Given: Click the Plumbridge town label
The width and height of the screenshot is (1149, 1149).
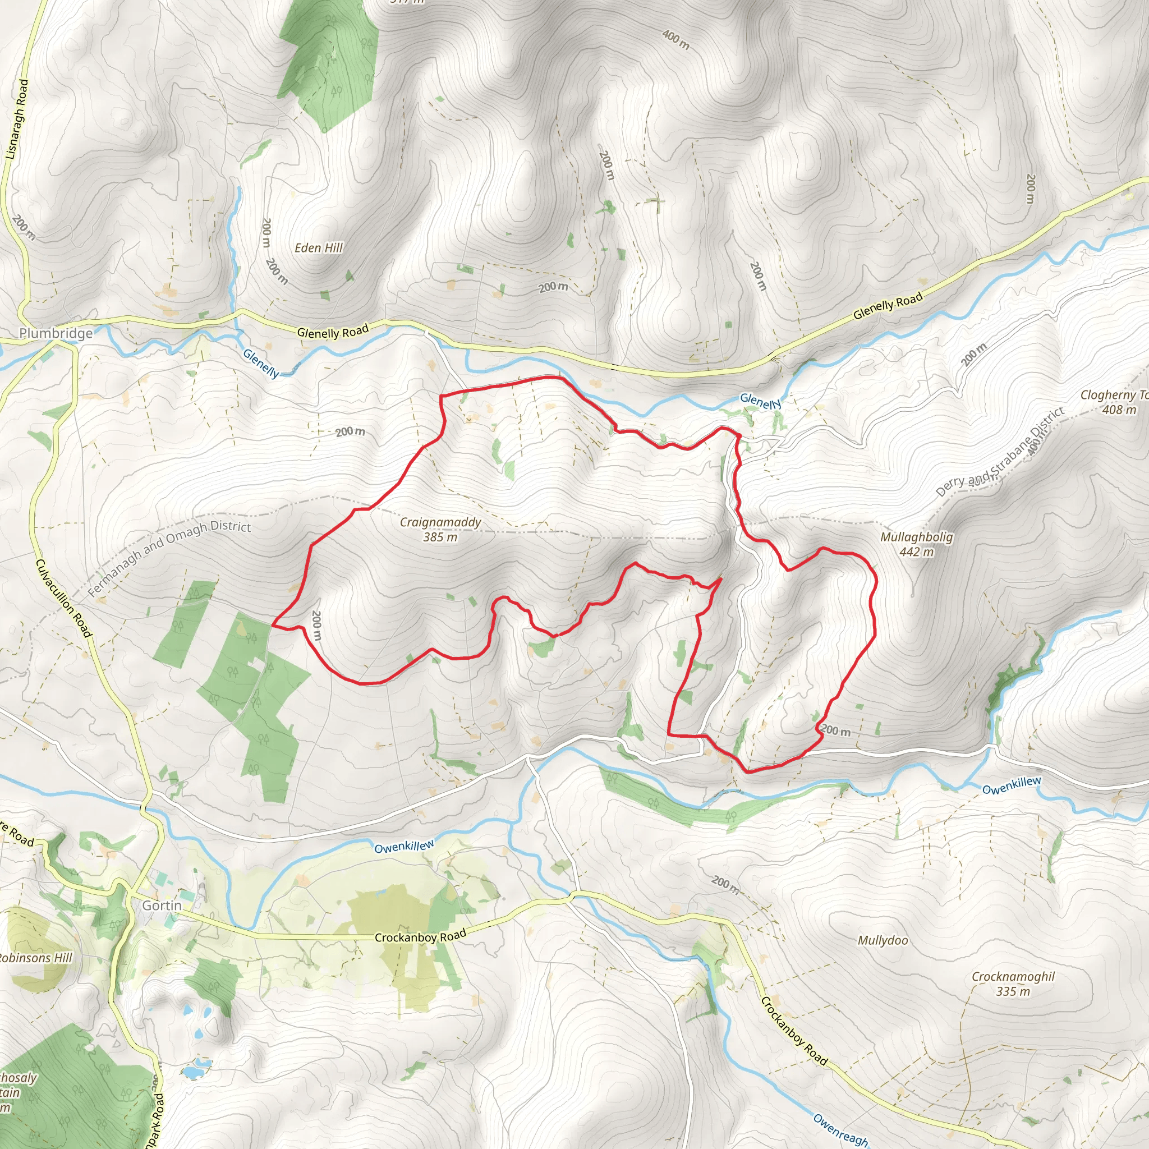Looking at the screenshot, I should point(56,333).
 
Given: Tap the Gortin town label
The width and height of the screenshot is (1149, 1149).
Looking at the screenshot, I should point(162,905).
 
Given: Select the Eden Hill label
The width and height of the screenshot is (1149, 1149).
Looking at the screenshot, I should point(319,248).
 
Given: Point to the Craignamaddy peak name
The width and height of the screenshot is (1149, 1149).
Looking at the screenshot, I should point(440,522).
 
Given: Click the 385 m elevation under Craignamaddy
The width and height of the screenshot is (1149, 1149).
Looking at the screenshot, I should point(440,537).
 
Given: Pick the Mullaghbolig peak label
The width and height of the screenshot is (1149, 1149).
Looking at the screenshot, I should point(917,537).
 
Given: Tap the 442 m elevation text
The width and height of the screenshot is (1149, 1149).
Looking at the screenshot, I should point(917,552).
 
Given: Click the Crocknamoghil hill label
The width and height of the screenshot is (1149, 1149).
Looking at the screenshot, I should point(1013,977).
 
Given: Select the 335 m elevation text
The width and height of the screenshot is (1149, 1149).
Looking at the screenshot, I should point(1013,991).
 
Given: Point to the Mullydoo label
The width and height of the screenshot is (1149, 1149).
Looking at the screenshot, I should point(883,940).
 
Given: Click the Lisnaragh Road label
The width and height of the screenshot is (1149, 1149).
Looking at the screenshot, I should point(17,119).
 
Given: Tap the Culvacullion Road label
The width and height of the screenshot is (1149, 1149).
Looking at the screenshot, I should point(64,598).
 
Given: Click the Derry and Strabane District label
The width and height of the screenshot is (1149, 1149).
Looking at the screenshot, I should point(1000,453).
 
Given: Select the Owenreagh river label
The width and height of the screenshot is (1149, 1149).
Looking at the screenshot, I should point(840,1128).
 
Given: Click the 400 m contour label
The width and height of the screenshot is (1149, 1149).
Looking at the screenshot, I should point(675,40).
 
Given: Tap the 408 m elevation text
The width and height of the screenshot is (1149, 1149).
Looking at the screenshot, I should point(1119,410).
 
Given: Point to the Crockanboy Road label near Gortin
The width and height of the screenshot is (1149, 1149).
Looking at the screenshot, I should point(420,937).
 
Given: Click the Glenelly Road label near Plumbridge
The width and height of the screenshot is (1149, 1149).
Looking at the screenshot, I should point(333,330).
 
